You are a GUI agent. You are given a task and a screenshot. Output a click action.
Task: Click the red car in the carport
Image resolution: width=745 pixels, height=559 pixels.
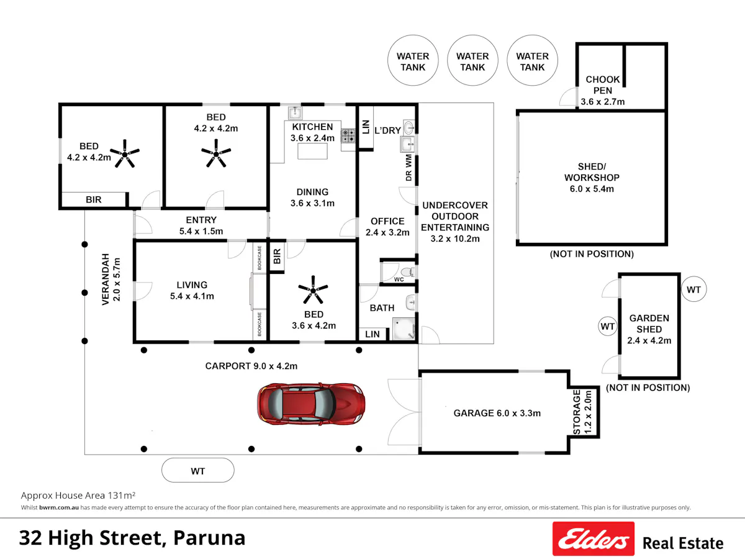pyautogui.click(x=311, y=404)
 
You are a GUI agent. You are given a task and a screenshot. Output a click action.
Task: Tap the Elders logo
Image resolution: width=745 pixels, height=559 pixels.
pyautogui.click(x=594, y=539)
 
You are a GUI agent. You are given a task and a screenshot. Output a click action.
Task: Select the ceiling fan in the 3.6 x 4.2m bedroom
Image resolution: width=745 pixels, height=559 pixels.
pyautogui.click(x=313, y=289)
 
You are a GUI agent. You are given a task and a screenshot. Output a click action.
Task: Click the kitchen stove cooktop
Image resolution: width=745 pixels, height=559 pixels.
pyautogui.click(x=348, y=135)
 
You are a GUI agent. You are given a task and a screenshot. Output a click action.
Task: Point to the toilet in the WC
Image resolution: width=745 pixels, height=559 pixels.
pyautogui.click(x=407, y=272)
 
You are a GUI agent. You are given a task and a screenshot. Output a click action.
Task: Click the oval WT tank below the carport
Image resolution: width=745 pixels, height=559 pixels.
pyautogui.click(x=198, y=470)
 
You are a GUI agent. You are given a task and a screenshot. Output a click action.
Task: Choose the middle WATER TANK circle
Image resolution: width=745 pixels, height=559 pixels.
pyautogui.click(x=472, y=60)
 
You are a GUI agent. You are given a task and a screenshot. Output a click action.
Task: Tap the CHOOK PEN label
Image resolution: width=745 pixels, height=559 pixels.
pyautogui.click(x=603, y=85)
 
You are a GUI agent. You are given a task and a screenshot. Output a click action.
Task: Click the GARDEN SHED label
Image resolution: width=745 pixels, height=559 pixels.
pyautogui.click(x=649, y=324)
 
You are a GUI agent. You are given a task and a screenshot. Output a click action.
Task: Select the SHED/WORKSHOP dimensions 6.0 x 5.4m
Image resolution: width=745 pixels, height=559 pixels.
pyautogui.click(x=592, y=189)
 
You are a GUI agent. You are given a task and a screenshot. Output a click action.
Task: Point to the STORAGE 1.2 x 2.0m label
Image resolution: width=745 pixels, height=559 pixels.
pyautogui.click(x=582, y=412)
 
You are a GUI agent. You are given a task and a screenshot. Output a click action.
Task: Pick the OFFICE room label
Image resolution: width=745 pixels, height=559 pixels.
pyautogui.click(x=387, y=221)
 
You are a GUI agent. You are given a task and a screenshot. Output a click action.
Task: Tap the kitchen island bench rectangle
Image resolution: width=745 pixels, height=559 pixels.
pyautogui.click(x=313, y=151)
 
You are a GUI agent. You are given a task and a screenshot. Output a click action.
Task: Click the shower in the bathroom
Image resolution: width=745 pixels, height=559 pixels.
pyautogui.click(x=404, y=329)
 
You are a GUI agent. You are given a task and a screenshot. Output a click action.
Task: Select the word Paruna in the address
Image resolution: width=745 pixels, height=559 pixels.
pyautogui.click(x=209, y=538)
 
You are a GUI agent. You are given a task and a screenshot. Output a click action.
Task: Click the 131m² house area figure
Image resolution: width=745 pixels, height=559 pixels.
pyautogui.click(x=122, y=496)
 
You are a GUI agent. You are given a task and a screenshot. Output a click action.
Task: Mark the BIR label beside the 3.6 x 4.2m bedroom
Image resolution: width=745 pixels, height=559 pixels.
pyautogui.click(x=277, y=257)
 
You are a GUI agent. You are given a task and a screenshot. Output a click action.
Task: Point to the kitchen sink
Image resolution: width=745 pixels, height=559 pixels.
pyautogui.click(x=295, y=112)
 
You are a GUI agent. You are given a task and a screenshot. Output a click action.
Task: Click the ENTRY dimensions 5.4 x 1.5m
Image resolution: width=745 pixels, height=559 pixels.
pyautogui.click(x=201, y=232)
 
